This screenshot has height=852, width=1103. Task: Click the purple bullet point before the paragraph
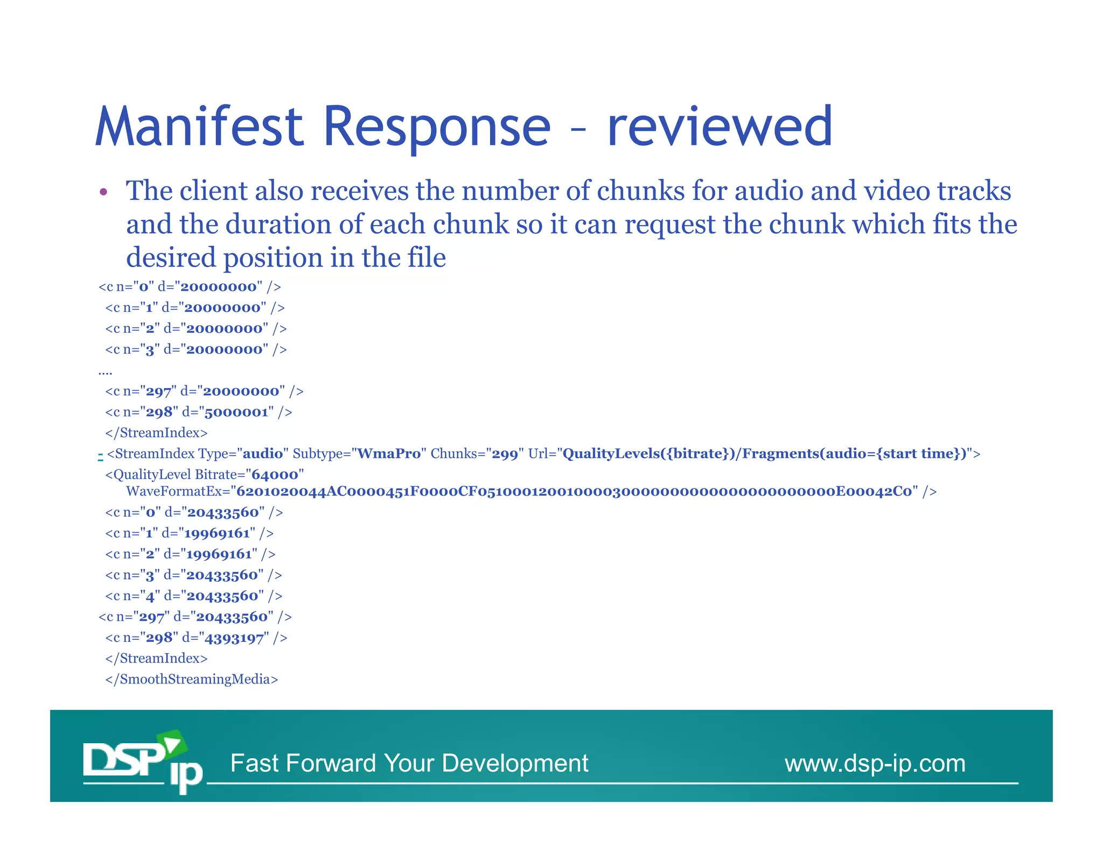(x=103, y=192)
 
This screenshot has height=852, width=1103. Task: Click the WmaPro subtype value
(x=389, y=454)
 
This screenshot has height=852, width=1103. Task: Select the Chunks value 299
(x=505, y=454)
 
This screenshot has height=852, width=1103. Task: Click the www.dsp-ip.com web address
(x=875, y=764)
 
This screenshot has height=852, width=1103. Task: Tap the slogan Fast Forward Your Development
(x=409, y=764)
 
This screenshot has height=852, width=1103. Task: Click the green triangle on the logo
(x=173, y=745)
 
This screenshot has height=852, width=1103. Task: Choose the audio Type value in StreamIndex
(x=263, y=454)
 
